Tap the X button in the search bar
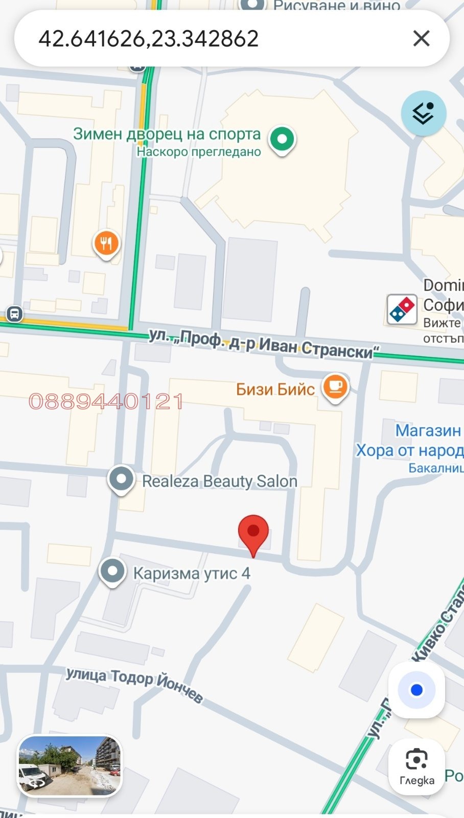[x=421, y=38]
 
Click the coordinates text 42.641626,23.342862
[x=149, y=39]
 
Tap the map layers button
[x=423, y=113]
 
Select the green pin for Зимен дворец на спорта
[x=282, y=139]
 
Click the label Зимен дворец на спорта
[x=167, y=134]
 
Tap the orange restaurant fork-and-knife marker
[x=106, y=244]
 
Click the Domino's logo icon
[x=402, y=309]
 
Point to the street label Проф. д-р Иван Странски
[x=264, y=343]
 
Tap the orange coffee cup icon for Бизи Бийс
[x=335, y=387]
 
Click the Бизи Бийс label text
[x=275, y=389]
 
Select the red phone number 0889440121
[x=106, y=402]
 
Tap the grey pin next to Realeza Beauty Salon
[x=121, y=479]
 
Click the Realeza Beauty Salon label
[x=219, y=481]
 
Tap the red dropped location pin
[x=253, y=533]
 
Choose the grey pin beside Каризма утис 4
[x=112, y=571]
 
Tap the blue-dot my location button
[x=416, y=690]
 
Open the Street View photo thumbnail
[x=70, y=765]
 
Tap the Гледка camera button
[x=416, y=766]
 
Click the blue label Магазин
[x=428, y=431]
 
